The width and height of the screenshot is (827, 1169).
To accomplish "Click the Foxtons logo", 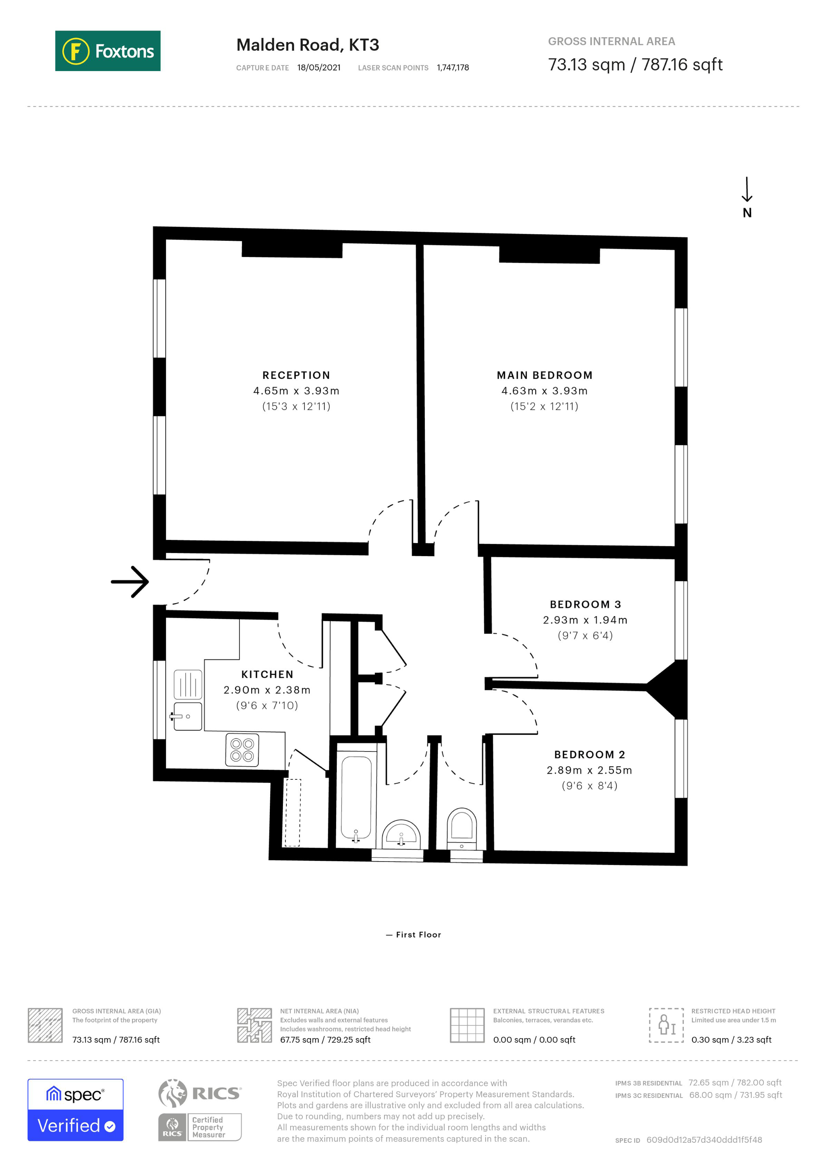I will [x=108, y=51].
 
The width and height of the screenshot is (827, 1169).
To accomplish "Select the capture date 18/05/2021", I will [x=319, y=68].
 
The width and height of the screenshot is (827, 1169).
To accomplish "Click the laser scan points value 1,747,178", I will [x=453, y=68].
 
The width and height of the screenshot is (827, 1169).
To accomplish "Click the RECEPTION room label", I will [x=296, y=375].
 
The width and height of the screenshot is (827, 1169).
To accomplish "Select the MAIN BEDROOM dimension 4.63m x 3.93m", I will [x=544, y=391].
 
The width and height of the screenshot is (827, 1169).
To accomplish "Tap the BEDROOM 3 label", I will [x=585, y=604].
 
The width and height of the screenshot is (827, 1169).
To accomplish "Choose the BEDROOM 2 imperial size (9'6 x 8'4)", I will [x=589, y=786].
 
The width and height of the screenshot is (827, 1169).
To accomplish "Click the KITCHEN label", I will [x=267, y=674].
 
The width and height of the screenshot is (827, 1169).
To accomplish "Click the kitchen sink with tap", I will [x=188, y=716].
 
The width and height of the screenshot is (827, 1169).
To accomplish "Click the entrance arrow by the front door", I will [x=130, y=581].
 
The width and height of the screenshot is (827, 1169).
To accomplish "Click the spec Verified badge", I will [x=75, y=1110].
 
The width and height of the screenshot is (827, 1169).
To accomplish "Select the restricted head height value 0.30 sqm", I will [x=731, y=1040].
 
